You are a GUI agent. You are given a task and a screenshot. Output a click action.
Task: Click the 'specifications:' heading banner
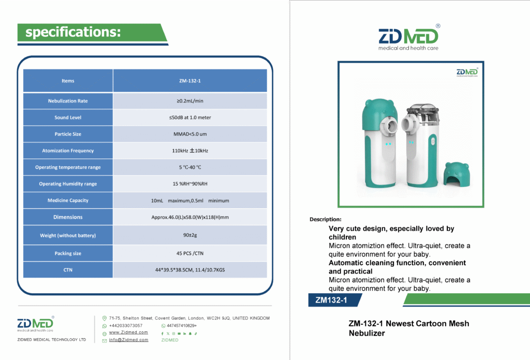(x=92, y=33)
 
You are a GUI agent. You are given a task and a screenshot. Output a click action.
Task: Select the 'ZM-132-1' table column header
(x=190, y=80)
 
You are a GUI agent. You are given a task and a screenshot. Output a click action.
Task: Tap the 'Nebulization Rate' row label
(x=68, y=101)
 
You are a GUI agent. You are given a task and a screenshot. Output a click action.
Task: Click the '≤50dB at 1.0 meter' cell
(x=190, y=118)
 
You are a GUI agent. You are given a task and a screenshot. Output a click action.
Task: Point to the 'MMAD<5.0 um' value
(x=190, y=134)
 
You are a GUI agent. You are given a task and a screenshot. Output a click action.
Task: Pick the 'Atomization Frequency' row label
(x=68, y=151)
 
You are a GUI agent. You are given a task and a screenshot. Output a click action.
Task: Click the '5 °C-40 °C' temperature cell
(x=190, y=167)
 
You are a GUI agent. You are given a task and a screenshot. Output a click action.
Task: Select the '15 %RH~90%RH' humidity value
(x=190, y=184)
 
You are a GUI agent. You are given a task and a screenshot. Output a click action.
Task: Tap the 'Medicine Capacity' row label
(x=68, y=200)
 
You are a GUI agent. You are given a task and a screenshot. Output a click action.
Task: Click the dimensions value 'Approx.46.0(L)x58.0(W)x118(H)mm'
(x=190, y=217)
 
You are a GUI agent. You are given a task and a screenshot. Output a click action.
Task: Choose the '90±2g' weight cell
(x=190, y=235)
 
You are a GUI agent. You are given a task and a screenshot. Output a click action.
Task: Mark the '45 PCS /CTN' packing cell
(x=190, y=253)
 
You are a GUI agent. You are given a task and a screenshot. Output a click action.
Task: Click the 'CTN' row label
(x=68, y=270)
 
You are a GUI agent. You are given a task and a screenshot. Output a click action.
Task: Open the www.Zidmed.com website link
(x=128, y=333)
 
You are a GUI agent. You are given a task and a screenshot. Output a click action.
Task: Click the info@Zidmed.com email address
(x=128, y=340)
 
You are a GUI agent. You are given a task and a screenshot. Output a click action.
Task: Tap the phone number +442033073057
(x=126, y=325)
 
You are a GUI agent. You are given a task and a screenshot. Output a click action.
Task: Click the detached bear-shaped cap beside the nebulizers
(x=457, y=174)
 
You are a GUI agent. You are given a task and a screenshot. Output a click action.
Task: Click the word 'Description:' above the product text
(x=326, y=219)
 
